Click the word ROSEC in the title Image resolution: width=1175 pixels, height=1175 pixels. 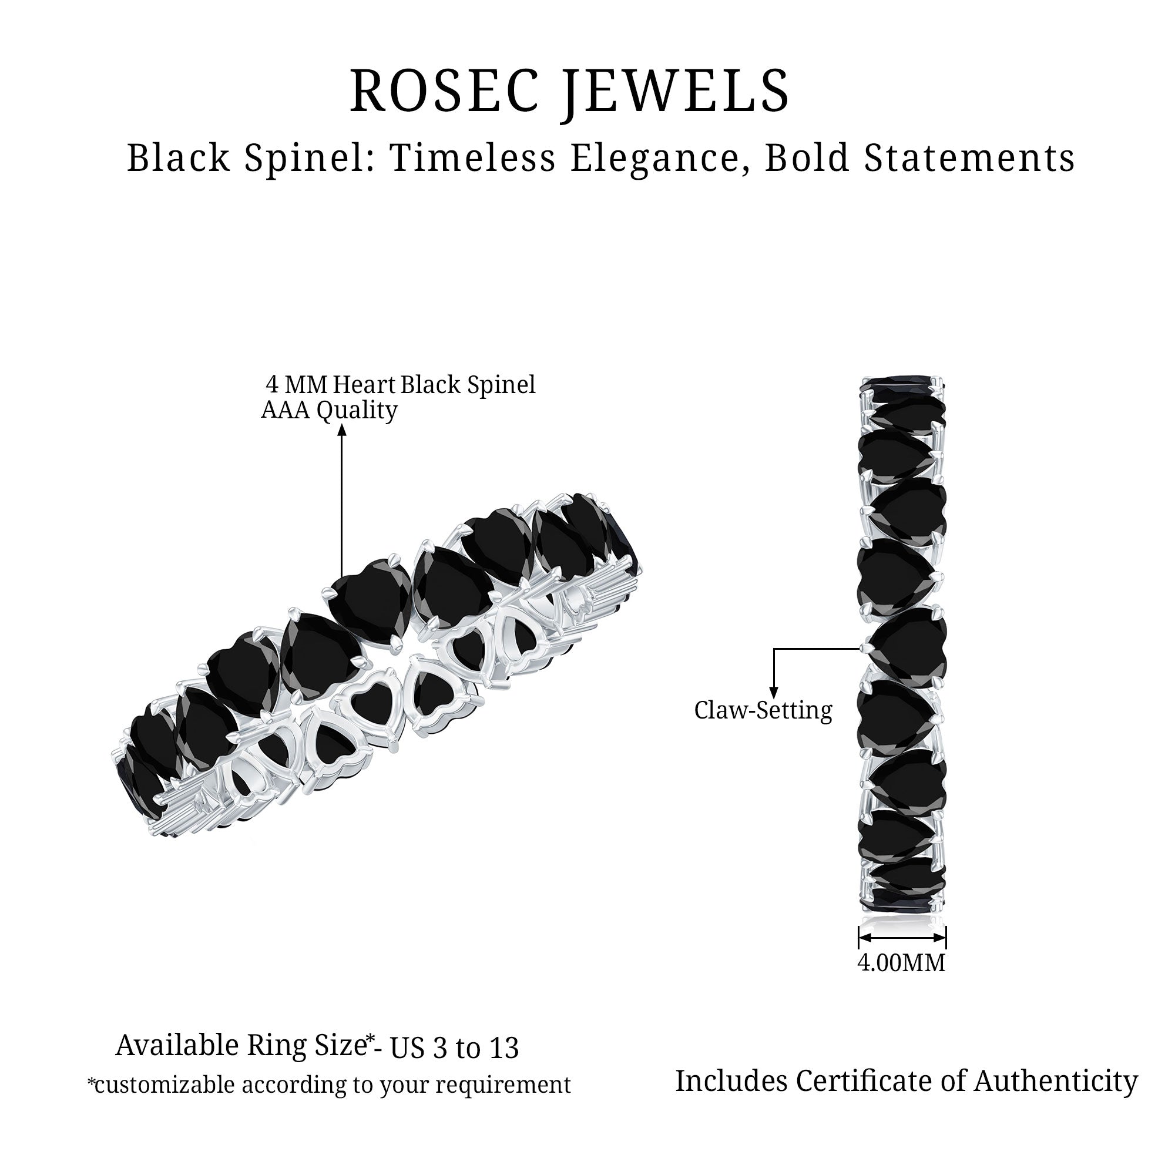coord(445,91)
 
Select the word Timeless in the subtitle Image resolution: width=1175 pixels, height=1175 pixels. coord(472,158)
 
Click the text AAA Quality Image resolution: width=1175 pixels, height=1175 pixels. coord(329,411)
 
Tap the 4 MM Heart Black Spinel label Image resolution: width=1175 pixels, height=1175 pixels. coord(401,385)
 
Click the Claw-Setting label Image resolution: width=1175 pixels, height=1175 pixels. coord(763,710)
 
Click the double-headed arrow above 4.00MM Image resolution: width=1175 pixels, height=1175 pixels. coord(902,937)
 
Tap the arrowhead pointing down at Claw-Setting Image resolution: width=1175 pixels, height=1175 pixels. coord(774,691)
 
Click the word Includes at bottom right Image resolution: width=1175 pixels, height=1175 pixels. coord(731,1081)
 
